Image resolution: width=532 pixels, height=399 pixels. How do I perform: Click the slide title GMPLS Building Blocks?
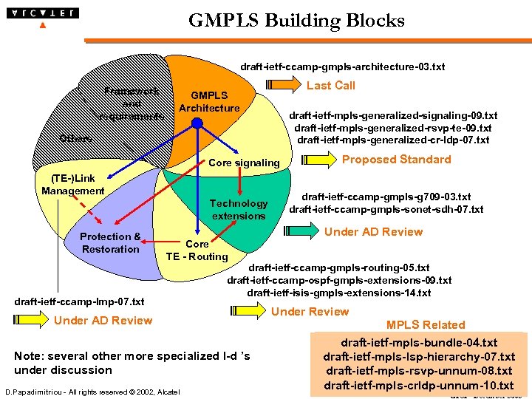(296, 21)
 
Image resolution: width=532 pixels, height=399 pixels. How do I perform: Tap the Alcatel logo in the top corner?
(43, 13)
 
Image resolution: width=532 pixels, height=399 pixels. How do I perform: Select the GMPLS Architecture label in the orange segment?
(209, 102)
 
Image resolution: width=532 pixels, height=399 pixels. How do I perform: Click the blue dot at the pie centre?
(197, 124)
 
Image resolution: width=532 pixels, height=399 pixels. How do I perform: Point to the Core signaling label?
(245, 163)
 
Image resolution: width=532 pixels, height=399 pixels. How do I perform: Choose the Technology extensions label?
(239, 210)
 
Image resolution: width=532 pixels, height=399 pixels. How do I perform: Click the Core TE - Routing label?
(197, 250)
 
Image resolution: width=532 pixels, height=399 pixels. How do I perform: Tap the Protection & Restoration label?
(110, 243)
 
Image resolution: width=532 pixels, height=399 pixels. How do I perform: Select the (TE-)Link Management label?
(73, 185)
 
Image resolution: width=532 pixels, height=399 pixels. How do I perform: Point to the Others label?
(75, 138)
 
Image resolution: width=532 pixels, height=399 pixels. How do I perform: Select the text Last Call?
(330, 86)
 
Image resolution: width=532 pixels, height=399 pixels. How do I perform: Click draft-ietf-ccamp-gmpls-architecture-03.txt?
(342, 67)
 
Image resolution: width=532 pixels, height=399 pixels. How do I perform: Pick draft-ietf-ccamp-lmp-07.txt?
(80, 301)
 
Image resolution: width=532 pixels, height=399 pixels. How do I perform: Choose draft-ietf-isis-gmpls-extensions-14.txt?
(339, 293)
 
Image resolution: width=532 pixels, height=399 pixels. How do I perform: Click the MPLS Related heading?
(425, 325)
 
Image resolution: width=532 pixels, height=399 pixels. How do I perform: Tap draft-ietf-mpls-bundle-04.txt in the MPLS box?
(419, 344)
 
